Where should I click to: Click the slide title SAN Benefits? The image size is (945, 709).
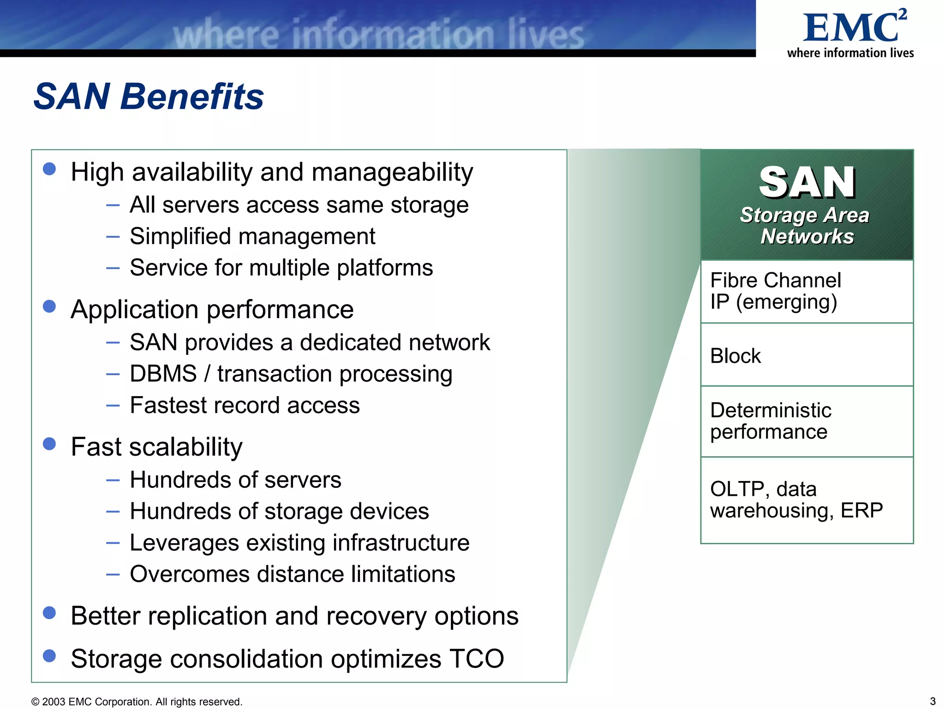(149, 96)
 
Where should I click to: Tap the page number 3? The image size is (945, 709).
(932, 701)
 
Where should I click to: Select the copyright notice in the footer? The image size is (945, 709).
(137, 702)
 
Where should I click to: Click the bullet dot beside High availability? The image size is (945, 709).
(49, 169)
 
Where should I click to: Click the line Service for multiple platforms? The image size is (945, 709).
(281, 268)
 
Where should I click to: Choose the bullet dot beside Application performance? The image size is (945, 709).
(49, 306)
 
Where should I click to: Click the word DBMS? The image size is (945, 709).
(163, 373)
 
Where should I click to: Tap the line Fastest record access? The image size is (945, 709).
(245, 405)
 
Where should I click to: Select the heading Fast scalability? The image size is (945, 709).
(156, 447)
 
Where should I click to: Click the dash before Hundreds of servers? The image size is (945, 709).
(113, 481)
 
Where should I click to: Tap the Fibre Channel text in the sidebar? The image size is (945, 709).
(775, 280)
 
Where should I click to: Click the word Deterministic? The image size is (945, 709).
(770, 410)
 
